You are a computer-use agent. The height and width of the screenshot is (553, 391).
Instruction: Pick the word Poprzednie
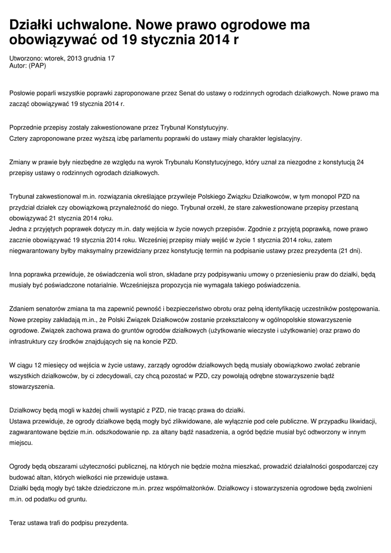tap(28, 128)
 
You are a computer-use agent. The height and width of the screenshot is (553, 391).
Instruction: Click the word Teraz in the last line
tap(19, 523)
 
